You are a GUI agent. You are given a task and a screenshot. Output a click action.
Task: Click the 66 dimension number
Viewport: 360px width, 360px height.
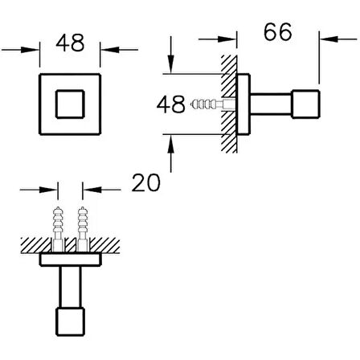point(278,32)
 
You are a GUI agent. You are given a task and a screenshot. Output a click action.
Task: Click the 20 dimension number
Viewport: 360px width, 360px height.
point(146,182)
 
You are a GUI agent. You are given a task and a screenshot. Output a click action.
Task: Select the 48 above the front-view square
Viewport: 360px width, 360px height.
point(70,43)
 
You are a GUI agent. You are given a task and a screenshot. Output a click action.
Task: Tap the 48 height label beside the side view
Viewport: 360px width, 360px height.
point(171,104)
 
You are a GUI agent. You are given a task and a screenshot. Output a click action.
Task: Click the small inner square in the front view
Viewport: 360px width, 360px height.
point(70,104)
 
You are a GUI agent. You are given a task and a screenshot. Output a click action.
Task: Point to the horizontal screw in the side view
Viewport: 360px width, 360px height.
point(213,104)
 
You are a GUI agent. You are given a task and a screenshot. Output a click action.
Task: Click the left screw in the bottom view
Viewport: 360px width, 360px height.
point(58,229)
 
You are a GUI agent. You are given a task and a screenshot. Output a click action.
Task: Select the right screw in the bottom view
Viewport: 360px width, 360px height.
point(83,229)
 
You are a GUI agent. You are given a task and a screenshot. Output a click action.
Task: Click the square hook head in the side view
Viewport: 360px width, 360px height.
point(305,104)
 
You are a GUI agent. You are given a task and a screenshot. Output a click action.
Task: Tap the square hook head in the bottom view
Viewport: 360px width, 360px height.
point(70,321)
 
